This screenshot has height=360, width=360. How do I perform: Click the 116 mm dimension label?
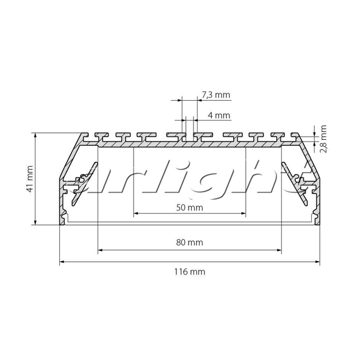[x=190, y=272]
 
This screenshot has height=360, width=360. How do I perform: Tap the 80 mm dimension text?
[x=190, y=242]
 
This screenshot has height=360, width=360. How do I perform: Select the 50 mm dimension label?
[x=190, y=208]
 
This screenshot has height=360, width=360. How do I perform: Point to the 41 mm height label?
[x=30, y=179]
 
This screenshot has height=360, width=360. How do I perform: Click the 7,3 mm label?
[x=216, y=95]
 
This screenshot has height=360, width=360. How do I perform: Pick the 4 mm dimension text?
[x=219, y=115]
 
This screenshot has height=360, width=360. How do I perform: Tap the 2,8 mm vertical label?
[x=323, y=139]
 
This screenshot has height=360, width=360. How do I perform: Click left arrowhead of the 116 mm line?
[x=62, y=262]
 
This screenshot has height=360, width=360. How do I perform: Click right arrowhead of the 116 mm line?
[x=317, y=262]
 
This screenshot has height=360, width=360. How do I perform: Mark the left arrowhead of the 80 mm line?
[x=100, y=250]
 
